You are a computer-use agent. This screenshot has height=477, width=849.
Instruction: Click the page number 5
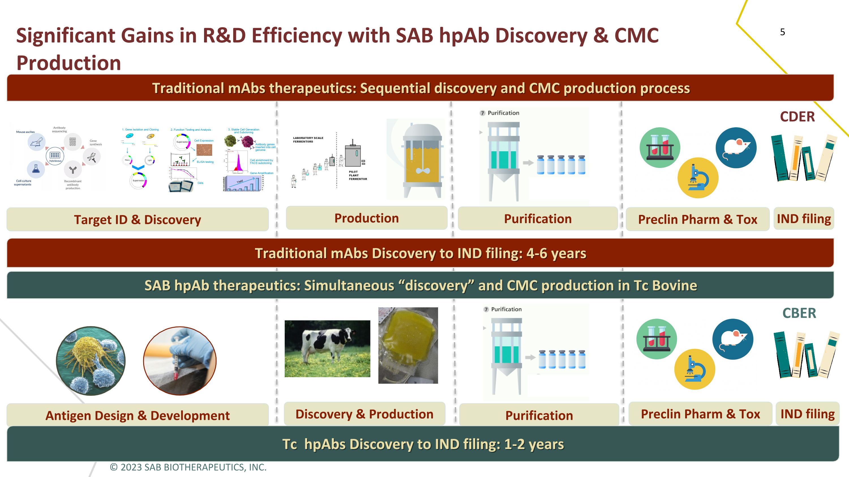[782, 32]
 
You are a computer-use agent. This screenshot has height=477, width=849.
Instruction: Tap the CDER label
[797, 117]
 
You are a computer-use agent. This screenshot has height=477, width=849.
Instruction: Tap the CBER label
[799, 313]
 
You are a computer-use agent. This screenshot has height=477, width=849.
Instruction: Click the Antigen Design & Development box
[138, 415]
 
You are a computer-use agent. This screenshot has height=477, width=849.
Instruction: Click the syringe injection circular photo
[180, 361]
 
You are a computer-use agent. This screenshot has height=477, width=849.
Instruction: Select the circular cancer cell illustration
[91, 361]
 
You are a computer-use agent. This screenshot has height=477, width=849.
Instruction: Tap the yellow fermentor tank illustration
[422, 160]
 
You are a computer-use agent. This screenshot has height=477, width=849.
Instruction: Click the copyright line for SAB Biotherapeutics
[188, 467]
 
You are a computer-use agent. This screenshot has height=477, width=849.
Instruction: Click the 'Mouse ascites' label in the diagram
[25, 132]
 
